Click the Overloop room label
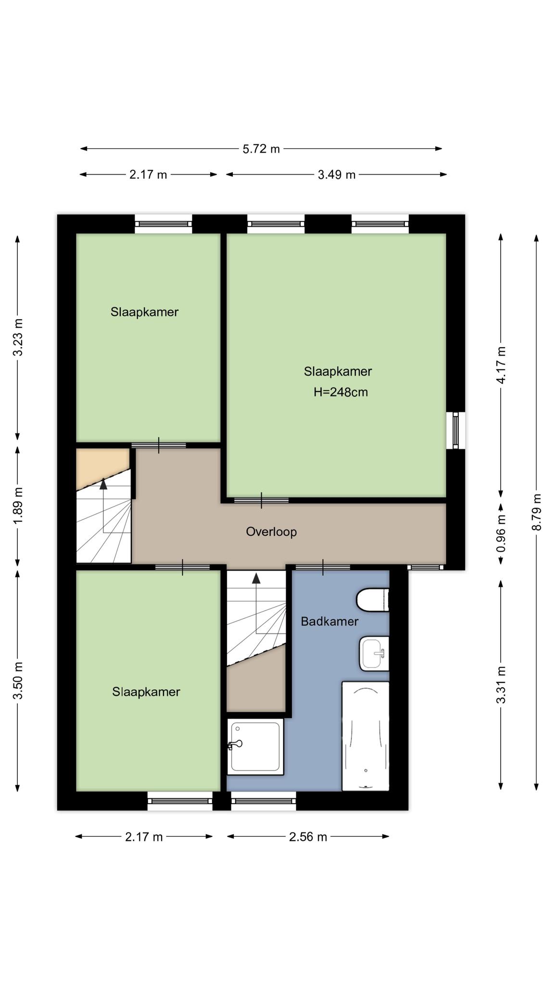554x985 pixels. [271, 531]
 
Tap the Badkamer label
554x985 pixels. [329, 621]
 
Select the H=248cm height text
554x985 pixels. [340, 392]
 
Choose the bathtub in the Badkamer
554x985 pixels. [365, 736]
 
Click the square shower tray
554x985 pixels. [255, 747]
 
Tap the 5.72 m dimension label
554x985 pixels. [261, 149]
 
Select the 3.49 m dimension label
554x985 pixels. [337, 175]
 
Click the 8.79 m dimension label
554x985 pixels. [537, 512]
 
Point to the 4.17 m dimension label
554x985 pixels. [501, 365]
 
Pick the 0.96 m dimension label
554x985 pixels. [501, 533]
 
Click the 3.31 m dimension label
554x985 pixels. [501, 685]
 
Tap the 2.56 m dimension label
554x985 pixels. [308, 837]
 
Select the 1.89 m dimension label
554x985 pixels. [18, 506]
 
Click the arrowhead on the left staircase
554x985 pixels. [103, 484]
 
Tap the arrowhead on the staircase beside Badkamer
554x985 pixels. [256, 578]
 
